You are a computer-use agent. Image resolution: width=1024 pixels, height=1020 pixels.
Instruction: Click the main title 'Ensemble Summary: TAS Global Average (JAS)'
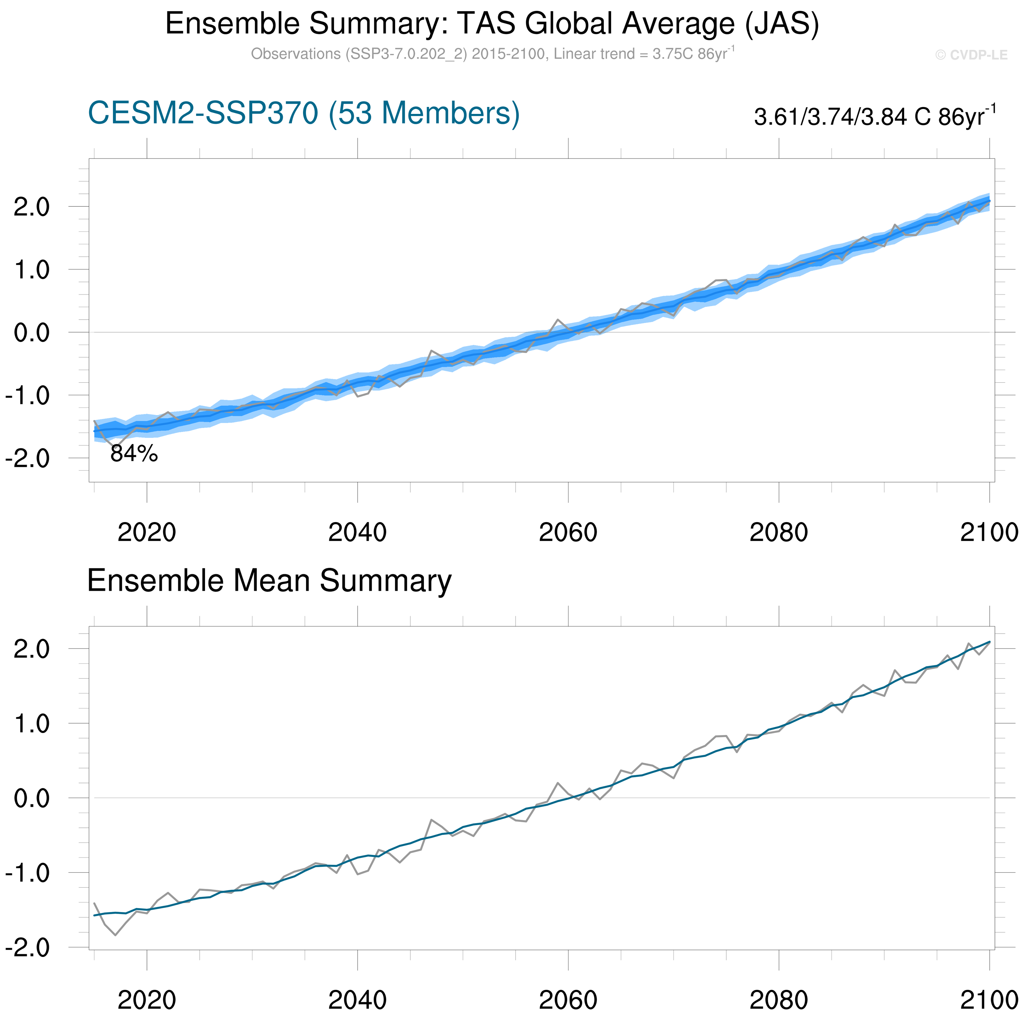coord(492,24)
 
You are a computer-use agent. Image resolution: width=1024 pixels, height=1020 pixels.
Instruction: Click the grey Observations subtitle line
coord(492,54)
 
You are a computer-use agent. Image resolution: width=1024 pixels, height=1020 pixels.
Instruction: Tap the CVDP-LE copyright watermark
coord(971,55)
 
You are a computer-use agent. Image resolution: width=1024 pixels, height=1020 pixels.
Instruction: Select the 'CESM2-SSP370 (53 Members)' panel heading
coord(303,114)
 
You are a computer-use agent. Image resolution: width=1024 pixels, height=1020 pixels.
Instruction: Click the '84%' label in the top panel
coord(134,454)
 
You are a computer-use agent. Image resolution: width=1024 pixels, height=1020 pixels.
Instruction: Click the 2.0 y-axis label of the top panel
coord(32,207)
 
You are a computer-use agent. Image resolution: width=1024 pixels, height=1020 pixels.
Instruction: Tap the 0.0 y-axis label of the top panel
coord(32,333)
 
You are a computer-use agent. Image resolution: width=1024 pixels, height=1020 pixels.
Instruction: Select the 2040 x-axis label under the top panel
coord(357,532)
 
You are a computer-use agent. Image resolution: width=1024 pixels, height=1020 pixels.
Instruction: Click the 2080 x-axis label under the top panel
coord(779,532)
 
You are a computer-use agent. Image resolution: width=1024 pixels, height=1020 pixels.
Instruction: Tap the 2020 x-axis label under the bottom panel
coord(147,1000)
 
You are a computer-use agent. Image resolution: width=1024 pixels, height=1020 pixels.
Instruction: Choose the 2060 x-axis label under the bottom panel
coord(568,1000)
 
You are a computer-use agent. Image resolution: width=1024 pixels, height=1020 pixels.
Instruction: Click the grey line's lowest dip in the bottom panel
coord(115,935)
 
